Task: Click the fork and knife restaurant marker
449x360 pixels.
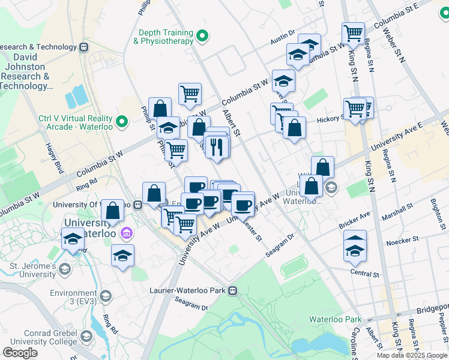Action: point(217,146)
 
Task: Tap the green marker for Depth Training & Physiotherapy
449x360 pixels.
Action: point(203,37)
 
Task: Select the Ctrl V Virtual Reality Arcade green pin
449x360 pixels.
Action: point(122,122)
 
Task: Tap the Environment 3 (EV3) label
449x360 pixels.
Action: point(74,296)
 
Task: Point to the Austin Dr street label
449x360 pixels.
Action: point(283,37)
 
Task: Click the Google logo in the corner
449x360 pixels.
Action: point(20,353)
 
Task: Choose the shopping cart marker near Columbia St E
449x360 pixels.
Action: point(353,32)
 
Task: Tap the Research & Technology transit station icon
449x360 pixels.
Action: point(83,47)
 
